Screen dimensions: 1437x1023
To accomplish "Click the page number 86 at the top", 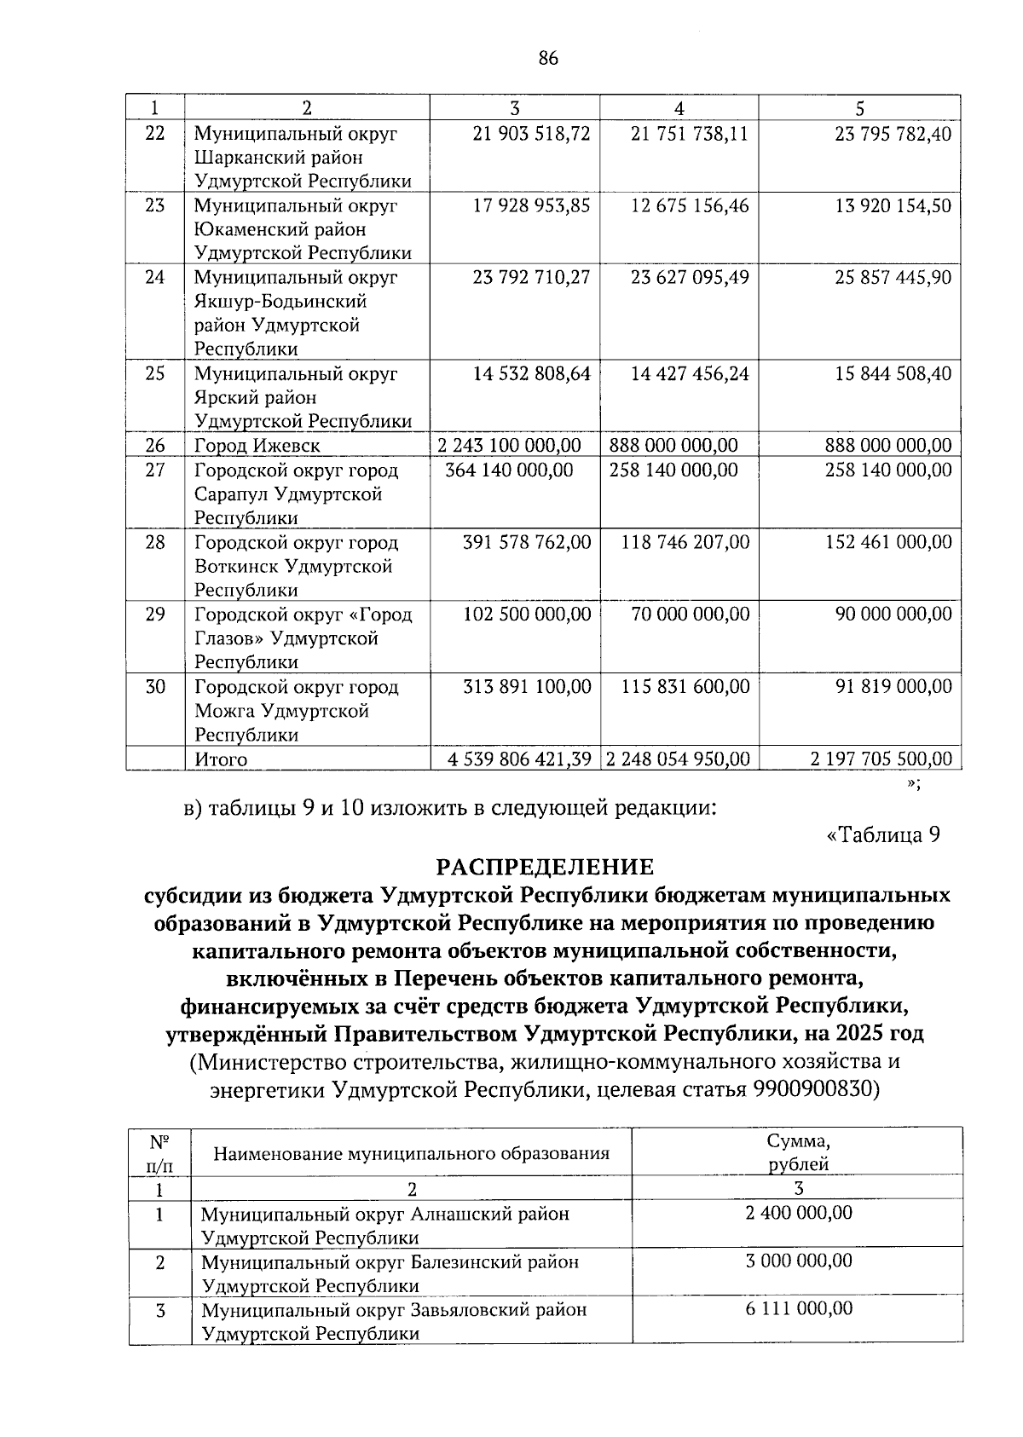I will [548, 58].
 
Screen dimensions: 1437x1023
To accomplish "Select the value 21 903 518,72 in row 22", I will [531, 134].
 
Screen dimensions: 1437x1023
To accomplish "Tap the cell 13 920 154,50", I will [893, 205].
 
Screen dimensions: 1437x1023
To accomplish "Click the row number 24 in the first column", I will [154, 277].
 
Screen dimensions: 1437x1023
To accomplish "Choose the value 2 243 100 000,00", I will [509, 445].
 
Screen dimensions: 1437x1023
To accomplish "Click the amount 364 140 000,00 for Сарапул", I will [509, 470].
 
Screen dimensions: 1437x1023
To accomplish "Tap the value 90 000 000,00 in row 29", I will [893, 614].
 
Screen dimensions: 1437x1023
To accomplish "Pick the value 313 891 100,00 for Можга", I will [526, 686].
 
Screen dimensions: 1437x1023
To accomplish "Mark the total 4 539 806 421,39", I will [520, 759].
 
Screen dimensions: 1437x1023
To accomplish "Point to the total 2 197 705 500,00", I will [881, 759].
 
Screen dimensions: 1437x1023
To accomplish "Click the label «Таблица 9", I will [883, 835].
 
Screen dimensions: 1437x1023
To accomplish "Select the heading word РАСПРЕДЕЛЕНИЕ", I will [545, 867].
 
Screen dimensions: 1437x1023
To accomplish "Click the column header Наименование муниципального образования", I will [411, 1154].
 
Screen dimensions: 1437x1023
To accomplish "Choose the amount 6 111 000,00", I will [798, 1308].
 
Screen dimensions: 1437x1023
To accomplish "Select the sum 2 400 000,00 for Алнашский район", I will [798, 1212].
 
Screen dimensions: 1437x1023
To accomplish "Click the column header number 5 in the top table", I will [859, 108].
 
